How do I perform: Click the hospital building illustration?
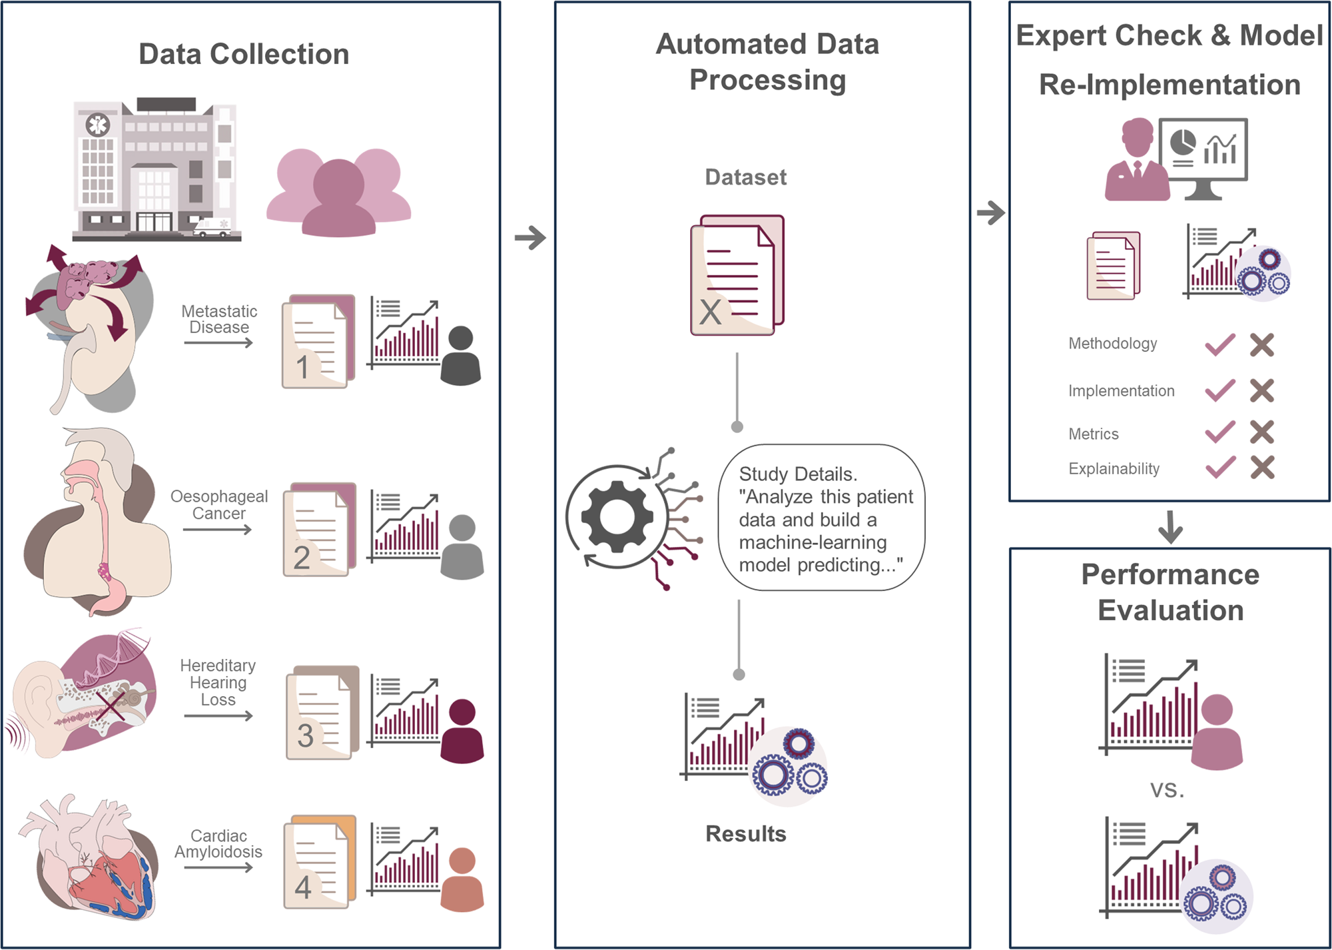click(155, 170)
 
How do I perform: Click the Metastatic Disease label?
click(219, 319)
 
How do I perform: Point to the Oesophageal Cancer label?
click(219, 505)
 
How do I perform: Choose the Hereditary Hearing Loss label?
click(218, 682)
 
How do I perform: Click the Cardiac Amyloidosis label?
click(218, 844)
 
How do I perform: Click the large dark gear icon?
click(617, 516)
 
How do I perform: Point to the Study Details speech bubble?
click(822, 518)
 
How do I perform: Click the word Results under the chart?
click(746, 834)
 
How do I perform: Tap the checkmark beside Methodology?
click(1220, 345)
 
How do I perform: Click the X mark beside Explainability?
click(1262, 468)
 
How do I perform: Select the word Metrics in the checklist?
click(1094, 434)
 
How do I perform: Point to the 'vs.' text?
click(1167, 791)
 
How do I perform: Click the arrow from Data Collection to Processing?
click(530, 237)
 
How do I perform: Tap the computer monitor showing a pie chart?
click(1203, 152)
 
